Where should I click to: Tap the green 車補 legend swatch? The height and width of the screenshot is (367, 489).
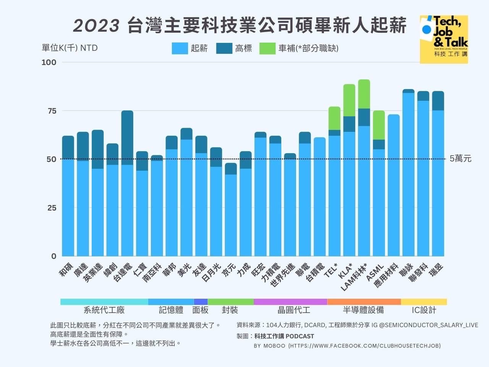click(267, 49)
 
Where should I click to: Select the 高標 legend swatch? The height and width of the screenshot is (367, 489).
click(224, 49)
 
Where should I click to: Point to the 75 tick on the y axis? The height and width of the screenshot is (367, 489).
click(52, 111)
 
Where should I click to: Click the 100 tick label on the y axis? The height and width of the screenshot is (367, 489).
click(49, 62)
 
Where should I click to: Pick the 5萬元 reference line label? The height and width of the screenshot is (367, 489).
click(460, 159)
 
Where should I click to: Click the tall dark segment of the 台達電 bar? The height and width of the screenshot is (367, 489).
click(127, 138)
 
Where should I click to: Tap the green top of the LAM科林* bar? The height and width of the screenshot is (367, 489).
click(364, 94)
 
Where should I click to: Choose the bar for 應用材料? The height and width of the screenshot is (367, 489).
click(393, 185)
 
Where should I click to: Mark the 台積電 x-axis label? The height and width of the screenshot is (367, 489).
click(316, 272)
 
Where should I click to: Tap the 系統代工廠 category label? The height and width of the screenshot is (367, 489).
click(104, 310)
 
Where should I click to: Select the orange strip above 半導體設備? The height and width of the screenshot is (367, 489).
click(364, 302)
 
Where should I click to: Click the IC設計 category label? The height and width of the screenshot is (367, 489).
click(424, 310)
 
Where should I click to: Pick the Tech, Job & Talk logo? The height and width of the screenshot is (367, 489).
click(444, 39)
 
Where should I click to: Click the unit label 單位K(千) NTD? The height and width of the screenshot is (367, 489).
click(70, 48)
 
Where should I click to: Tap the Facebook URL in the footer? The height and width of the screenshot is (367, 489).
click(364, 346)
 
